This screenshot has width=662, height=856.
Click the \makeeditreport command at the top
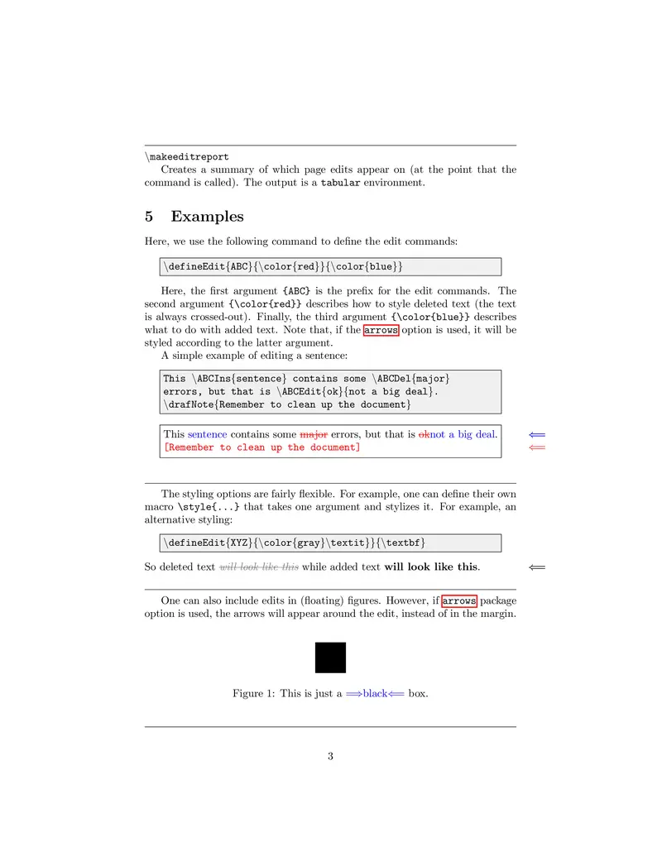pyautogui.click(x=187, y=156)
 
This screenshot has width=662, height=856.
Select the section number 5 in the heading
pyautogui.click(x=149, y=217)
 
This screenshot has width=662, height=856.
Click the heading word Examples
pyautogui.click(x=207, y=217)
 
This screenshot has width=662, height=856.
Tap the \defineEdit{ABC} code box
pyautogui.click(x=330, y=266)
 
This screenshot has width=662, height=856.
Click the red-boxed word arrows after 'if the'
pyautogui.click(x=381, y=330)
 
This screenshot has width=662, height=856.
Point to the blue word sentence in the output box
pyautogui.click(x=207, y=434)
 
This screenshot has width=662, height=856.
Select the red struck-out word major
pyautogui.click(x=313, y=434)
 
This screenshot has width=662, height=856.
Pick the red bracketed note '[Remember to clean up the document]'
pyautogui.click(x=261, y=447)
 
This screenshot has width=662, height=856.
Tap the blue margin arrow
pyautogui.click(x=537, y=434)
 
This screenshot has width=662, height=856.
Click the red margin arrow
pyautogui.click(x=537, y=447)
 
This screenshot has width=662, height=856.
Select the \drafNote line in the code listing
pyautogui.click(x=286, y=404)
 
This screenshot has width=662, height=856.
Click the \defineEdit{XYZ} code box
pyautogui.click(x=330, y=543)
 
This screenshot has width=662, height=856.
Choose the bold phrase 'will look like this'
pyautogui.click(x=430, y=567)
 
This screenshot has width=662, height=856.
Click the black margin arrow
pyautogui.click(x=537, y=567)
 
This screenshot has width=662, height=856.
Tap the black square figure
pyautogui.click(x=330, y=658)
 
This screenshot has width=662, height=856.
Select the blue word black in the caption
pyautogui.click(x=375, y=694)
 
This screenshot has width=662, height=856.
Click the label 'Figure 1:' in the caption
pyautogui.click(x=253, y=694)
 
